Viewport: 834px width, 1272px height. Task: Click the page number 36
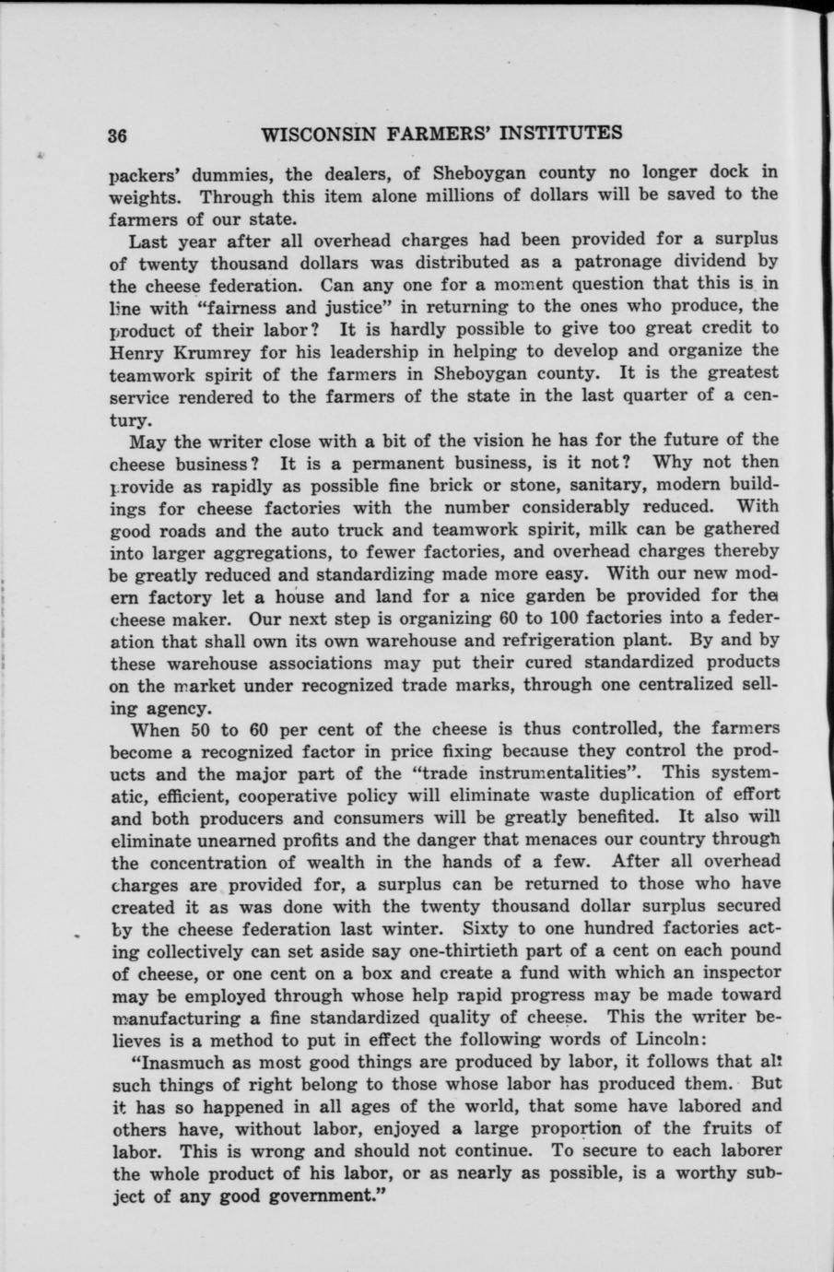[x=117, y=135]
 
